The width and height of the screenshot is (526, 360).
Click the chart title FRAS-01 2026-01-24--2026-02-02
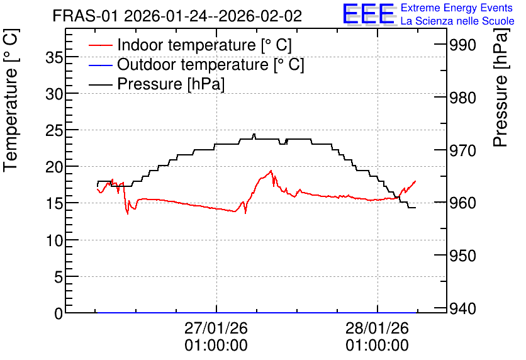click(177, 16)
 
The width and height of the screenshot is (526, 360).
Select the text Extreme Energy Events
click(457, 8)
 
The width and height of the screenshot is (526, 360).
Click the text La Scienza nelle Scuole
click(457, 21)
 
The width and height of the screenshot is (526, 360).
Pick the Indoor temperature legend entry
click(190, 45)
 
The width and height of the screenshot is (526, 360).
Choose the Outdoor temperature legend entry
click(196, 64)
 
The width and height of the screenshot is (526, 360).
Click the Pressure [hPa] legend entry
click(157, 84)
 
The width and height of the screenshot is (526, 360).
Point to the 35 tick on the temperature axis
click(54, 58)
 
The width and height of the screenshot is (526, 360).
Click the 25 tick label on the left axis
click(54, 131)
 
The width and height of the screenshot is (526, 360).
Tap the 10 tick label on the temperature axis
click(54, 240)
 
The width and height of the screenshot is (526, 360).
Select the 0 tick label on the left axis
click(59, 313)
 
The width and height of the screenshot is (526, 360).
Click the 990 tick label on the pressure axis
click(462, 45)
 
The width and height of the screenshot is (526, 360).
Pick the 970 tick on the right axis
click(462, 150)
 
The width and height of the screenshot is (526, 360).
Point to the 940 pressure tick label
click(462, 308)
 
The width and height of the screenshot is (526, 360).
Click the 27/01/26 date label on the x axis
click(216, 328)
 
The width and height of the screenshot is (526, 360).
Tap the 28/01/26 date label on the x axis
click(378, 328)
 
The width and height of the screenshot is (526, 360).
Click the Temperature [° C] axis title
click(11, 101)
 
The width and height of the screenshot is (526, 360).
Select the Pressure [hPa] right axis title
click(500, 87)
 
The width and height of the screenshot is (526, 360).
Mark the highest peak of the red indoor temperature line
click(271, 171)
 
